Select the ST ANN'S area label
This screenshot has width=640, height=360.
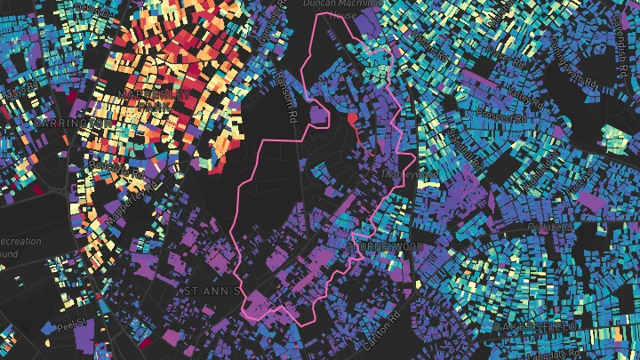coord(212,290)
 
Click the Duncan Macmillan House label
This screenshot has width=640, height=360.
coord(334,9)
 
